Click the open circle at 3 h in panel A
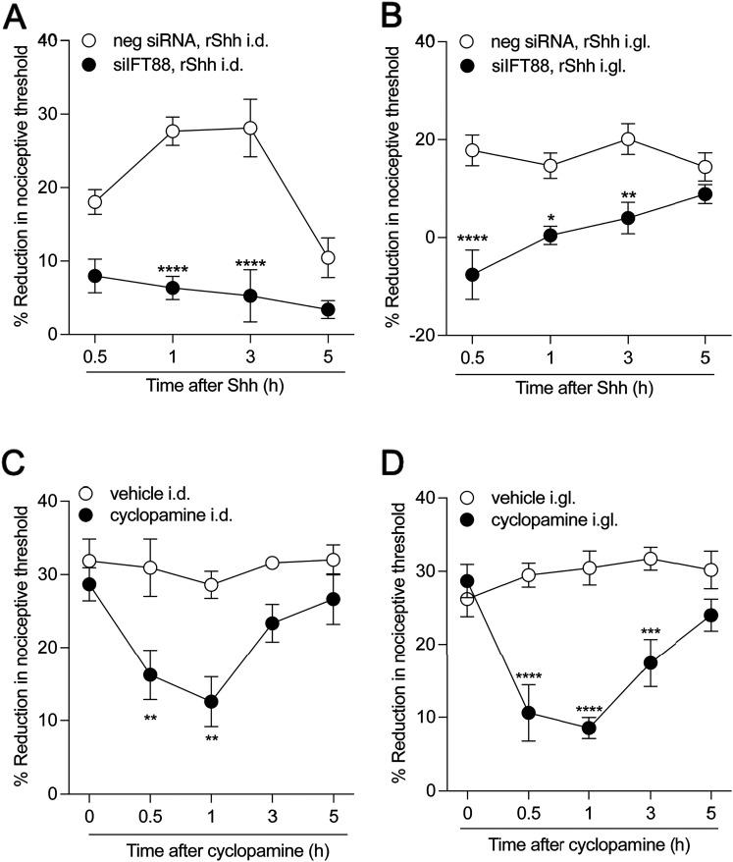click(x=250, y=128)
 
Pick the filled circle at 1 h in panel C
click(x=183, y=702)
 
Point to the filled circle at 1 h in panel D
click(x=589, y=728)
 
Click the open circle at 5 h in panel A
click(x=329, y=258)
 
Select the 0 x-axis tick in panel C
click(x=89, y=813)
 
